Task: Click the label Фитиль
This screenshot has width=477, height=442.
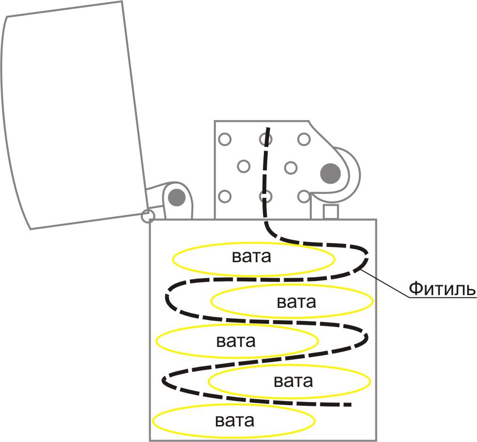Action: (442, 288)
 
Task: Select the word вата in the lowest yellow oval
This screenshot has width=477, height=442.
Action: (235, 420)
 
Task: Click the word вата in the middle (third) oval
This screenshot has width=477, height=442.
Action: (236, 340)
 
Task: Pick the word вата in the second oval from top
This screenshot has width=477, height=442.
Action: (296, 301)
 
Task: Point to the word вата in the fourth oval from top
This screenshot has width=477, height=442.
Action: (293, 380)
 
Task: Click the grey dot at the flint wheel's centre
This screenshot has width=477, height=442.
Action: (330, 174)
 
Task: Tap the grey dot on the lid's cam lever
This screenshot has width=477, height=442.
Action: (176, 197)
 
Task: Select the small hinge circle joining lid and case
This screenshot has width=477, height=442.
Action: (148, 216)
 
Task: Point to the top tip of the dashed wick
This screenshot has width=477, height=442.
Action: (269, 128)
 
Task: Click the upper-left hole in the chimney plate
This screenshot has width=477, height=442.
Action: (225, 139)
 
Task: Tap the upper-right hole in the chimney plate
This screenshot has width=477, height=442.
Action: (304, 139)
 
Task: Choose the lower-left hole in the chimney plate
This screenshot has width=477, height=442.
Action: (225, 196)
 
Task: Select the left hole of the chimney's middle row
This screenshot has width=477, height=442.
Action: (244, 166)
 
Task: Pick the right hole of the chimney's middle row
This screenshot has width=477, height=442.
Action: (291, 167)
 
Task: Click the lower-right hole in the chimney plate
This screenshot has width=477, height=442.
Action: (304, 196)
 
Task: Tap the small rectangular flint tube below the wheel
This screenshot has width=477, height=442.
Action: (331, 211)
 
